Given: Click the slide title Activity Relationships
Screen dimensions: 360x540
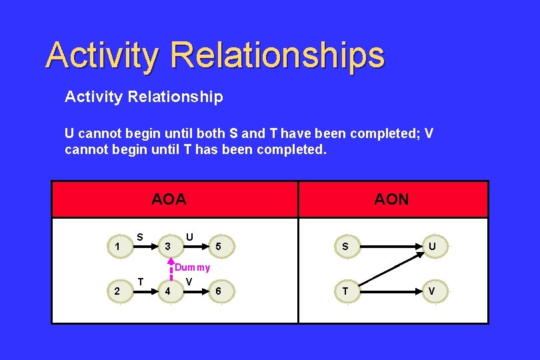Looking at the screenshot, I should click(215, 55).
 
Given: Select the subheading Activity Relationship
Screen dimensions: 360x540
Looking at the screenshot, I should click(143, 97).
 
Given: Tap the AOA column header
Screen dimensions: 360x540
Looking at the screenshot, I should click(169, 199).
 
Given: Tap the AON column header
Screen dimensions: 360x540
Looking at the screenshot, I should click(391, 199).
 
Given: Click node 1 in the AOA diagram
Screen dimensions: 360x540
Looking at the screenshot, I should click(117, 247).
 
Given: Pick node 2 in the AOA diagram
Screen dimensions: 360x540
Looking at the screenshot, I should click(117, 291).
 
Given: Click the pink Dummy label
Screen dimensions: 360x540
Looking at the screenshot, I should click(192, 267).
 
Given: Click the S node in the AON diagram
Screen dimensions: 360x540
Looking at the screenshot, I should click(345, 247).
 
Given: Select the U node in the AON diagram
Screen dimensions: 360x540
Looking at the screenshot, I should click(432, 247).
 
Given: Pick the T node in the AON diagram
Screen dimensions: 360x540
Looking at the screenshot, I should click(345, 291).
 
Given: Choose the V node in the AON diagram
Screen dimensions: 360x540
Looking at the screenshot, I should click(432, 291).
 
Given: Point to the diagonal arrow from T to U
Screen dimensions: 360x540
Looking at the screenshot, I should click(389, 269).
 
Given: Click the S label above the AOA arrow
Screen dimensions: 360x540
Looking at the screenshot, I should click(140, 236).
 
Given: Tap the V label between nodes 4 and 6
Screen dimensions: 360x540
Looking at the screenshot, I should click(190, 281).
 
